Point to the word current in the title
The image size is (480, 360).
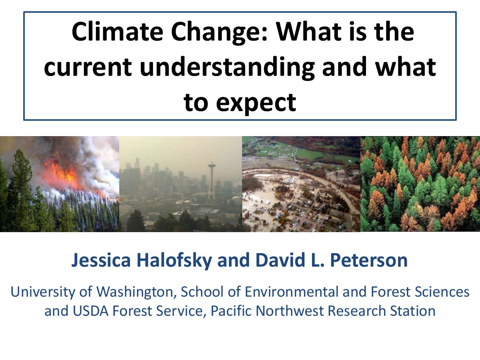tap(88, 67)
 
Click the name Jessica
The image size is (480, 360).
tap(101, 260)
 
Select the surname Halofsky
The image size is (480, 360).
tap(174, 261)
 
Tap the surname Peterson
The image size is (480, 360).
tap(369, 260)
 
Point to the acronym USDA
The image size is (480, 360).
tap(90, 310)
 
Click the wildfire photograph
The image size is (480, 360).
tap(60, 184)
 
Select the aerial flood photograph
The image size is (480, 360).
tap(301, 184)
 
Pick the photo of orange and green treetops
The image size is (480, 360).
tap(420, 184)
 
